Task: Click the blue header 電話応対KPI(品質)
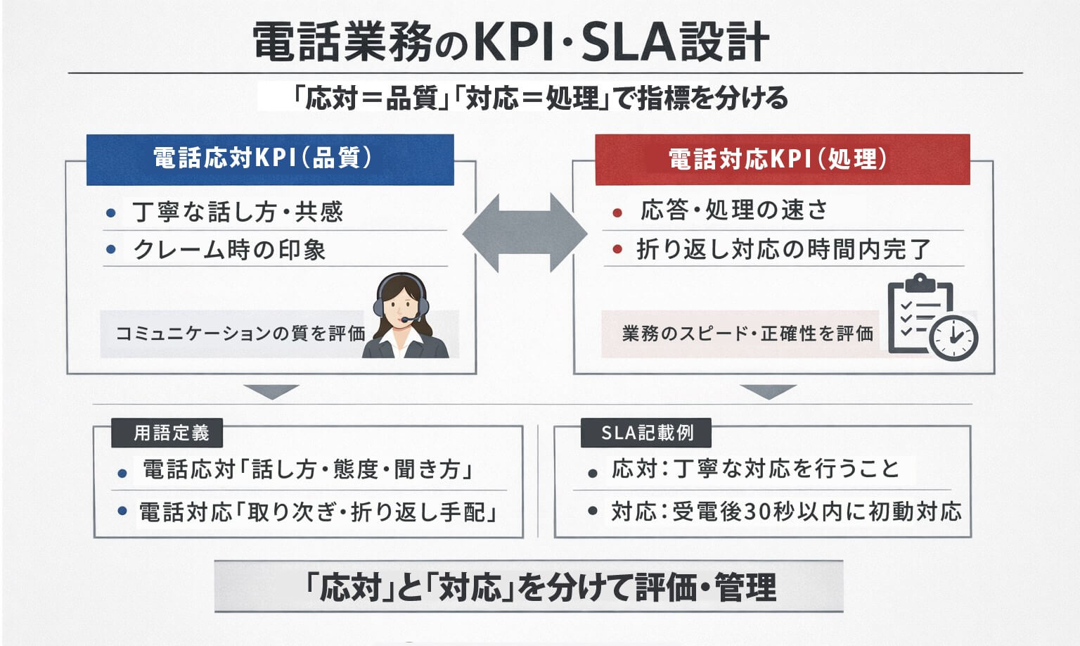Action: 269,159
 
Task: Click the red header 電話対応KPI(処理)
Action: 782,160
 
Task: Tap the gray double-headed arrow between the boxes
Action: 525,233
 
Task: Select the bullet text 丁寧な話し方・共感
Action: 238,212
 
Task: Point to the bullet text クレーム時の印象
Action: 229,250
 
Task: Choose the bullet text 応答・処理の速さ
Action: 733,210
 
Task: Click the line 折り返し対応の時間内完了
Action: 783,249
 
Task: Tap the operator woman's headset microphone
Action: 406,320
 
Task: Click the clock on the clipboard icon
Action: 953,338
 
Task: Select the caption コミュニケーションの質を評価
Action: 240,334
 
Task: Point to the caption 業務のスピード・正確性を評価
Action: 747,334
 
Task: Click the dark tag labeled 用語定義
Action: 167,433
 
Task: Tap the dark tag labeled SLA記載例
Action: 646,433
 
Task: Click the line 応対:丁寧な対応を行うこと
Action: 755,469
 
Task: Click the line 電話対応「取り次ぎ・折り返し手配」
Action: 318,512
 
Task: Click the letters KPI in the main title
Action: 515,42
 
